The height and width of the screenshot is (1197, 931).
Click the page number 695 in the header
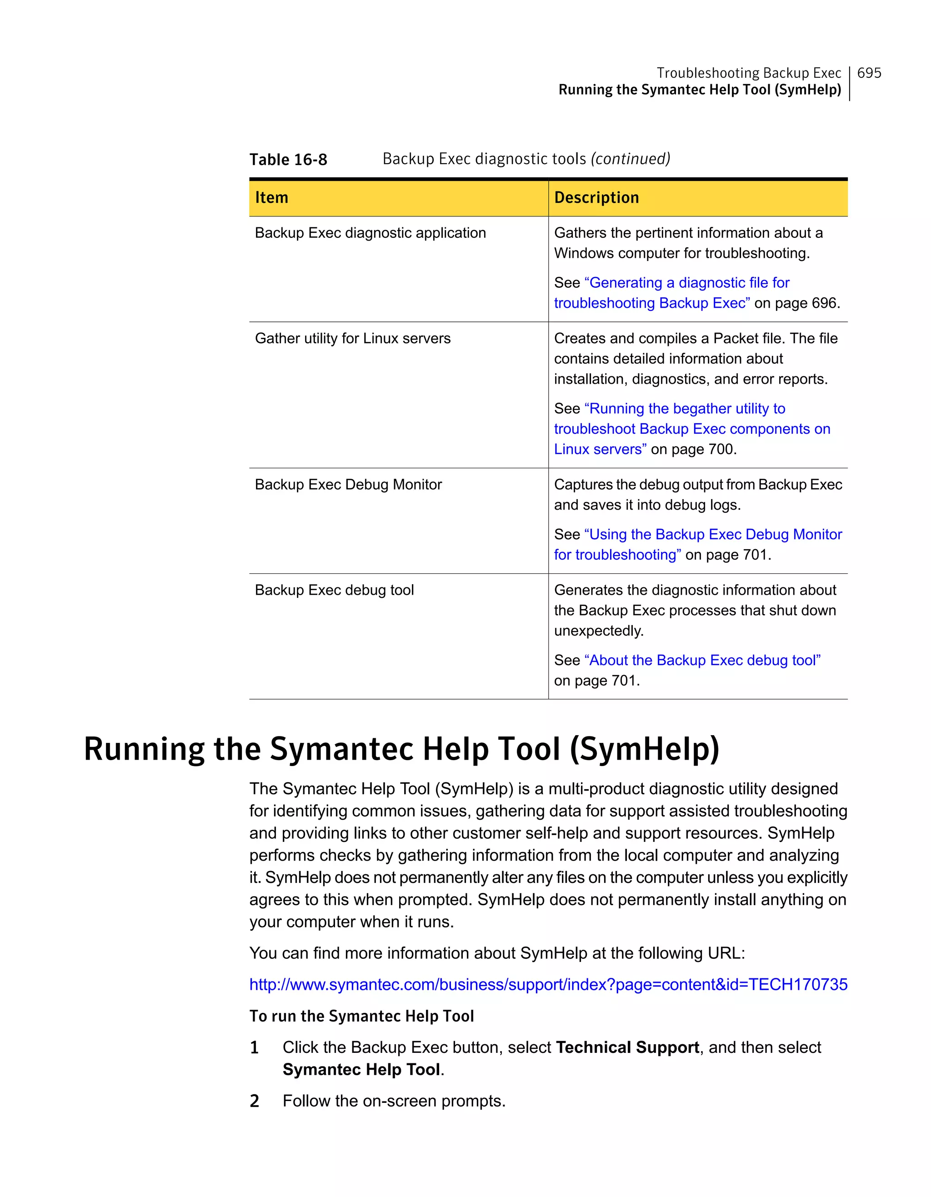coord(869,73)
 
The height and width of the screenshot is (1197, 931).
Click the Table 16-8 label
coord(288,160)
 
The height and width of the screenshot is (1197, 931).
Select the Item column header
coord(272,197)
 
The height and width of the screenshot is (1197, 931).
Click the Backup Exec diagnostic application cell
coord(370,233)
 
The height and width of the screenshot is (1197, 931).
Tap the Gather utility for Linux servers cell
coord(353,339)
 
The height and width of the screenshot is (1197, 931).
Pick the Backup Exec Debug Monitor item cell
coord(349,485)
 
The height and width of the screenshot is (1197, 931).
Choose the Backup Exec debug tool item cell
coord(334,590)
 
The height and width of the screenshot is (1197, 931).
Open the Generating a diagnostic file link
coord(688,283)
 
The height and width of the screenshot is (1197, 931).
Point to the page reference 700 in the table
coord(721,450)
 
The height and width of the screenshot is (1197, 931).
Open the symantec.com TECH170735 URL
coord(548,984)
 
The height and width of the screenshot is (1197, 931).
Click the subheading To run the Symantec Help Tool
coord(362,1016)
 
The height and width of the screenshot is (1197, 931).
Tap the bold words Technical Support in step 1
coord(627,1047)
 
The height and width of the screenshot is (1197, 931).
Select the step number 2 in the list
coord(254,1101)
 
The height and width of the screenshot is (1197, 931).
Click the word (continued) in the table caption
coord(630,159)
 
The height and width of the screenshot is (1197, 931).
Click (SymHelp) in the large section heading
coord(645,749)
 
